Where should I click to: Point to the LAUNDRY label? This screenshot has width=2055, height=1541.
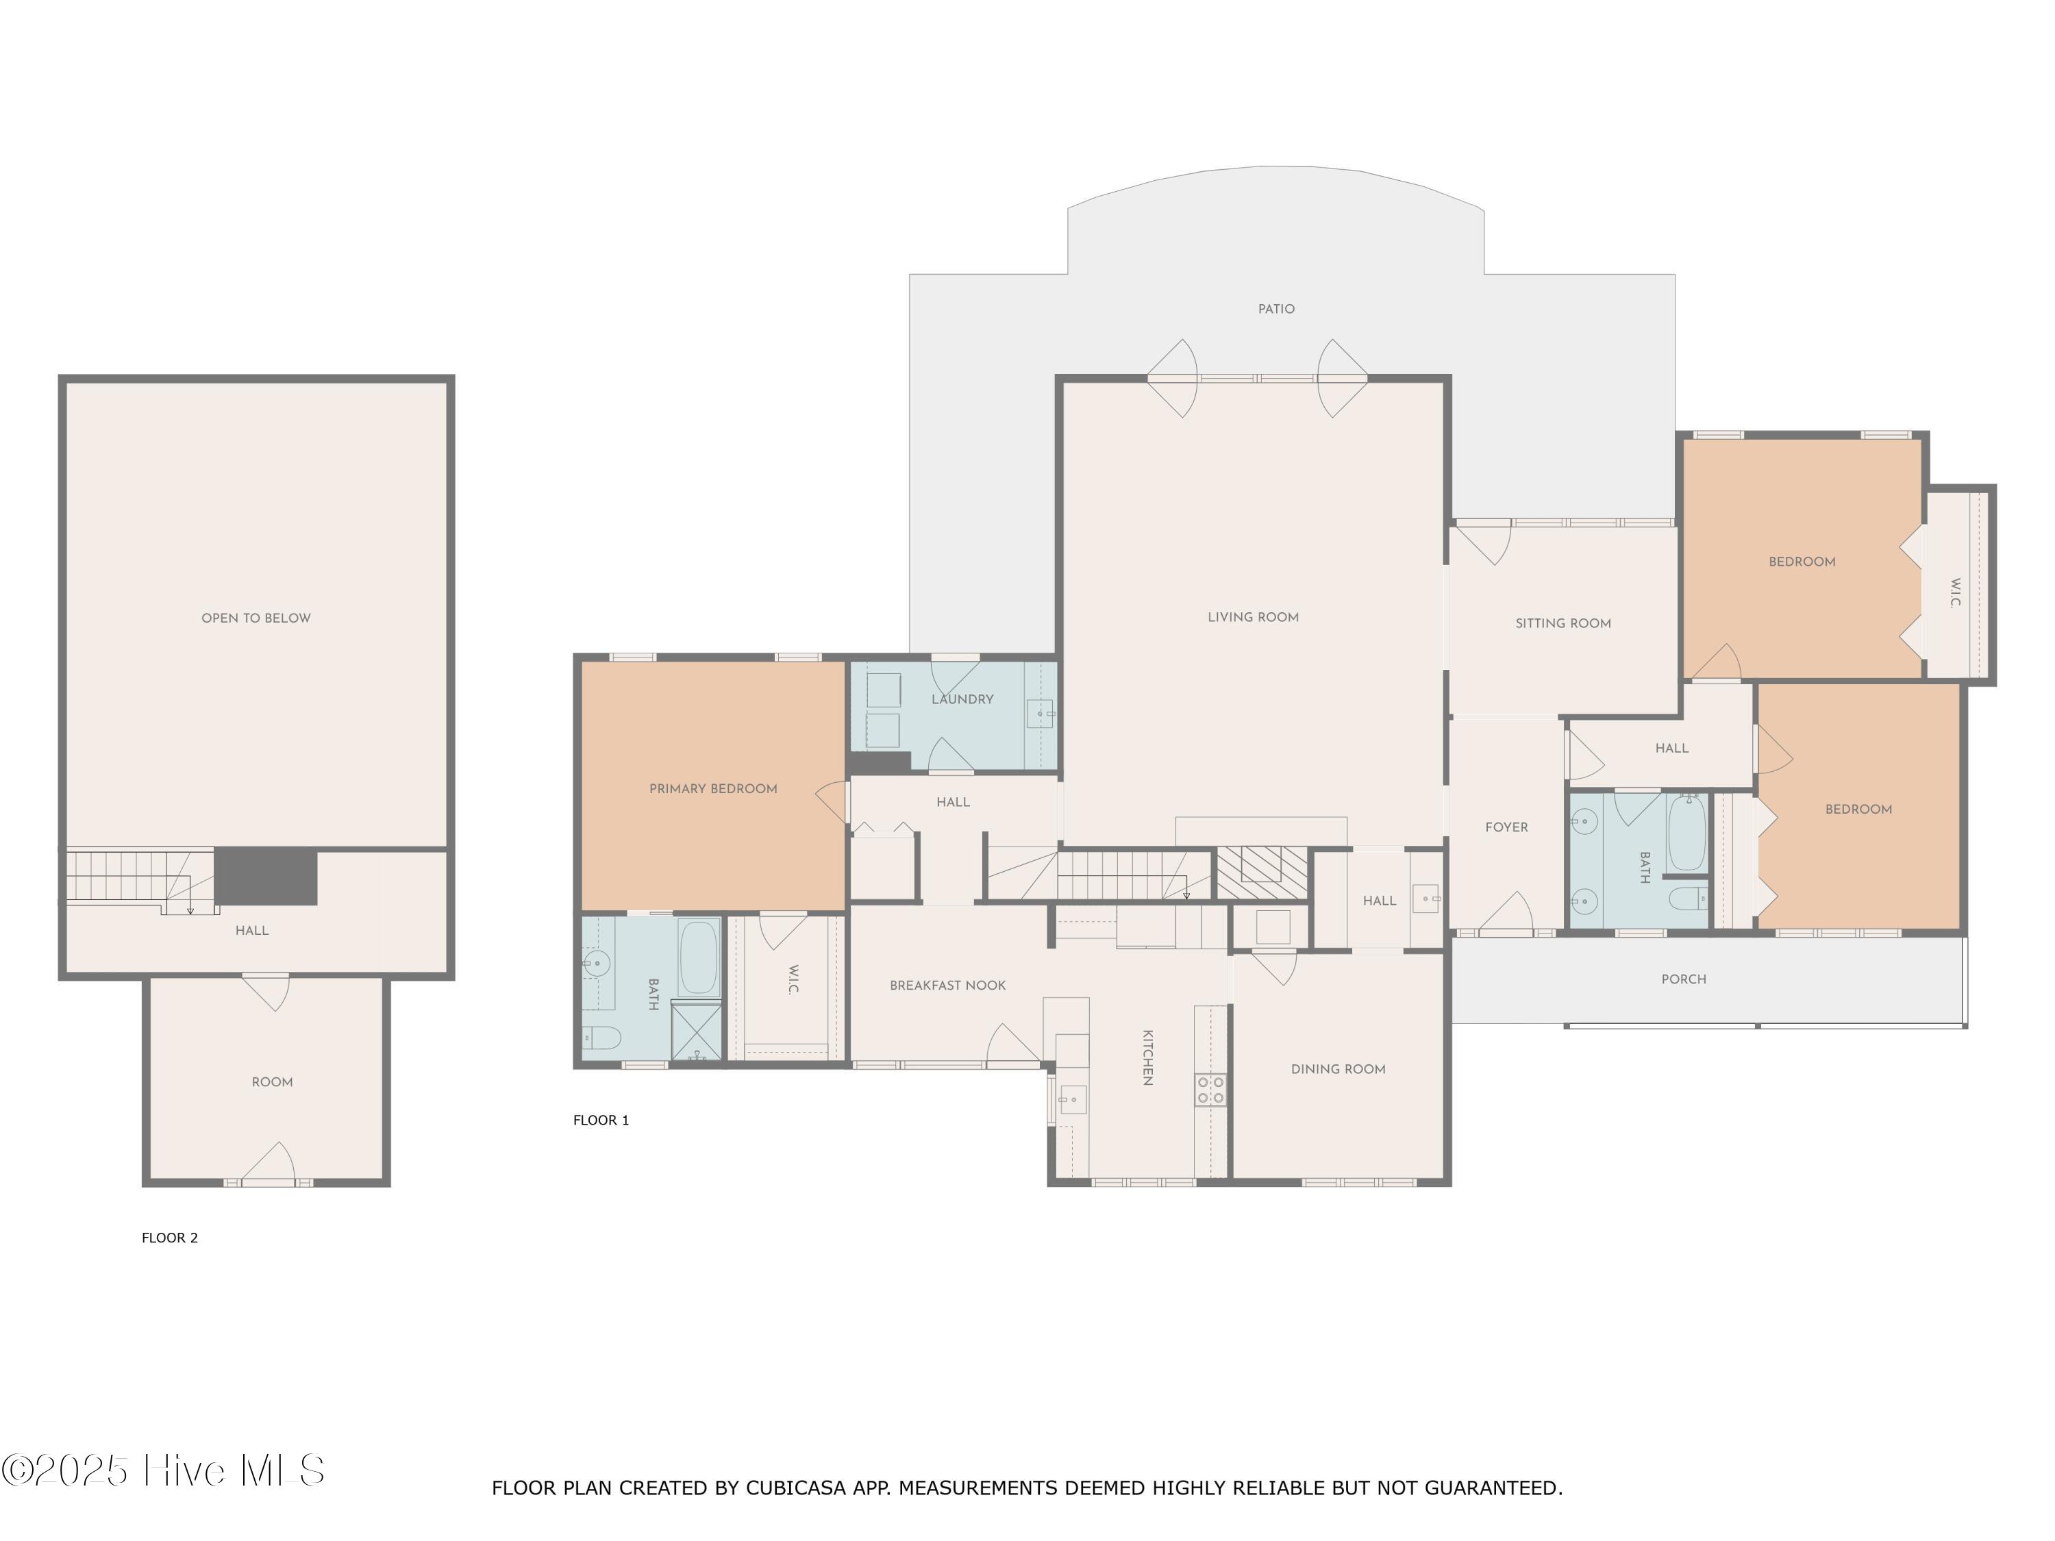click(962, 699)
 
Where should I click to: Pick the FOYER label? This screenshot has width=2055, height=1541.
click(1506, 827)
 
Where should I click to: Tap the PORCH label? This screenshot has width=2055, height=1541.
click(1684, 979)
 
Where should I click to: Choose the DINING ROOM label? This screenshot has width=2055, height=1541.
click(1338, 1069)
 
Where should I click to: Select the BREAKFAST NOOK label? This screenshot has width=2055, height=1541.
click(947, 986)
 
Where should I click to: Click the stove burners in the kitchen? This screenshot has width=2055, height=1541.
click(1210, 1090)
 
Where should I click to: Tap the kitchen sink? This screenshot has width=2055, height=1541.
click(1073, 1099)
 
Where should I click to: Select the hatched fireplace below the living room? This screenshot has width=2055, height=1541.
click(1262, 873)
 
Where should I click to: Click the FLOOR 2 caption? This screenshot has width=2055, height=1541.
click(169, 1238)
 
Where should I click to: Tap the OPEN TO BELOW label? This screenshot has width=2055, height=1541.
click(256, 618)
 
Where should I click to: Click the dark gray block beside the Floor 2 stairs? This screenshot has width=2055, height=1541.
click(266, 876)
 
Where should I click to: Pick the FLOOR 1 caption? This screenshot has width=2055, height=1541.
click(601, 1120)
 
